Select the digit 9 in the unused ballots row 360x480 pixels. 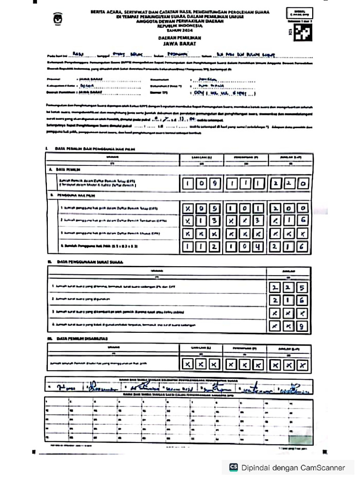303,326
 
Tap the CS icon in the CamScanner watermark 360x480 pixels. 233,467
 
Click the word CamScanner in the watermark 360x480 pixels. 323,467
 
